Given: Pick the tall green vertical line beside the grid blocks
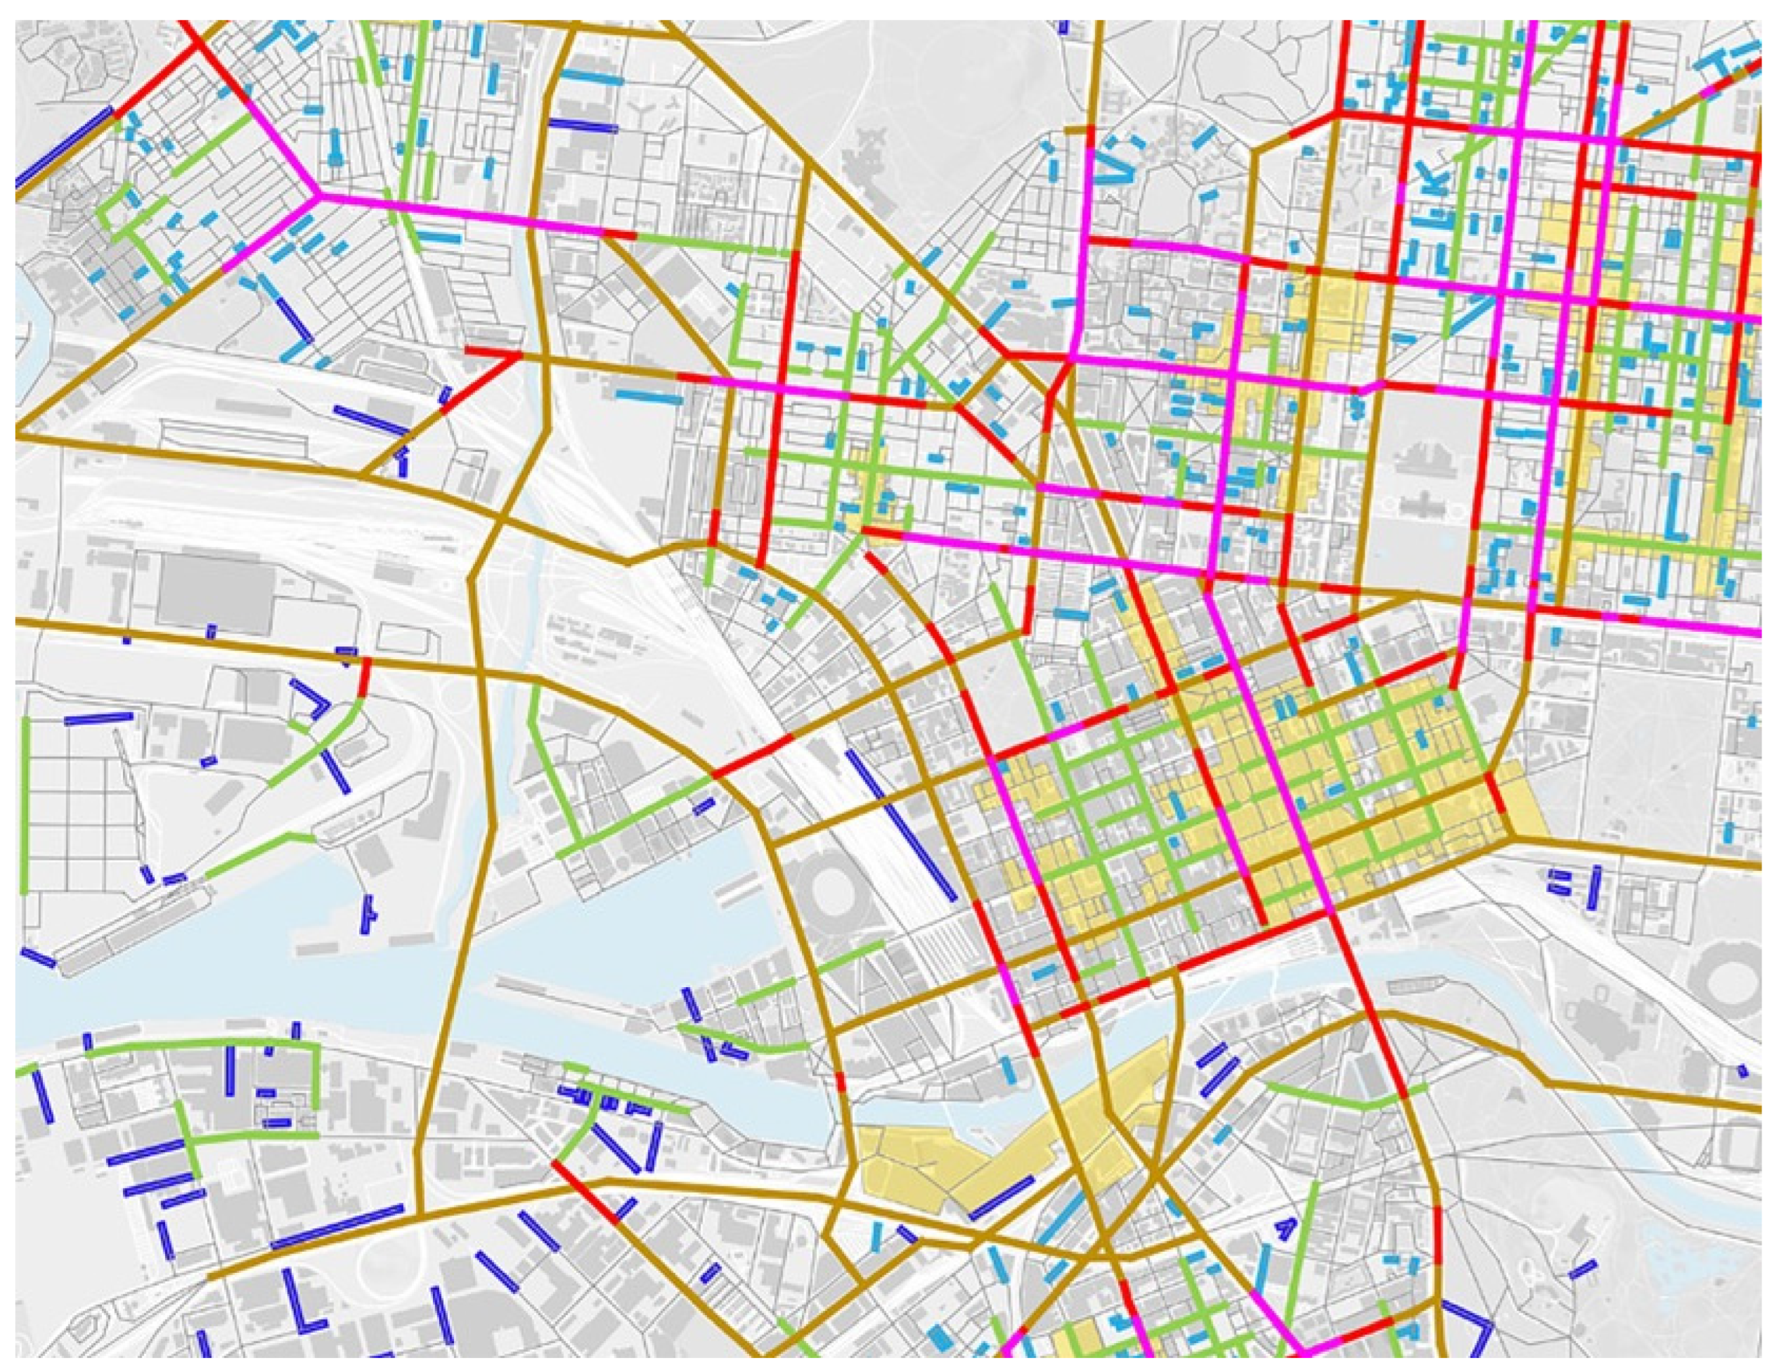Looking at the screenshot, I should tap(24, 805).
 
